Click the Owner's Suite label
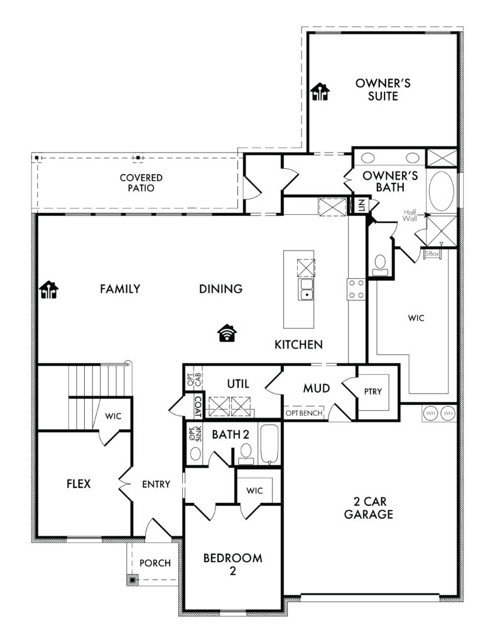point(383,89)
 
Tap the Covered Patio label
point(141,183)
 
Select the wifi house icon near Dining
point(227,333)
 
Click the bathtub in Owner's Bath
point(441,191)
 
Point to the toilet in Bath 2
point(246,454)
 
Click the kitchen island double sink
point(305,289)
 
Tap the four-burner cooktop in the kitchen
point(356,289)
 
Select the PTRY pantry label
point(373,392)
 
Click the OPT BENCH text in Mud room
point(304,413)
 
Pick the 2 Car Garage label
point(368,507)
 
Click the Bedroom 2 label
point(232,565)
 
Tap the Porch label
point(155,563)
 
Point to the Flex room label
point(79,484)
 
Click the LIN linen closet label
point(361,205)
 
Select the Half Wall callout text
point(410,215)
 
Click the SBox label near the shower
point(432,254)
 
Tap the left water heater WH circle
point(430,413)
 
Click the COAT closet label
point(198,406)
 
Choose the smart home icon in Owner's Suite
point(320,92)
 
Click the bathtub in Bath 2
point(269,444)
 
